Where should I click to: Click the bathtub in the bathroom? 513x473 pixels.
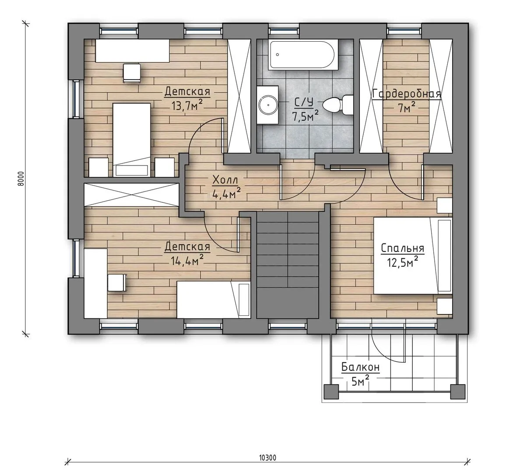[x=303, y=55]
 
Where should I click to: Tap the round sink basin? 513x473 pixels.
[x=268, y=105]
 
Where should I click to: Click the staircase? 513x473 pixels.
[x=288, y=265]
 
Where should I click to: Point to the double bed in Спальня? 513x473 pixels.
[x=413, y=256]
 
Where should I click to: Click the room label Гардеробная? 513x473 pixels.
[x=407, y=94]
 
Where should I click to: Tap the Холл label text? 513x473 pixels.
[x=225, y=180]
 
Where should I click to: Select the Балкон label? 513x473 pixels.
[x=361, y=367]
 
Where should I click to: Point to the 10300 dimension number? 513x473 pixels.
[x=267, y=457]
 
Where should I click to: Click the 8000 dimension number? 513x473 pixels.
[x=21, y=179]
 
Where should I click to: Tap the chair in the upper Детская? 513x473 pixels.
[x=132, y=73]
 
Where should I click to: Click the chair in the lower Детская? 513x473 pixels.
[x=117, y=282]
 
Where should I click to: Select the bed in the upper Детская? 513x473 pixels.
[x=131, y=140]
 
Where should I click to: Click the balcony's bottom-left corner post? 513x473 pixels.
[x=331, y=391]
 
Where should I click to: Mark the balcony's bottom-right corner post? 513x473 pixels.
[x=457, y=391]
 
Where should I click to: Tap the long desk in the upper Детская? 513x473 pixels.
[x=132, y=50]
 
